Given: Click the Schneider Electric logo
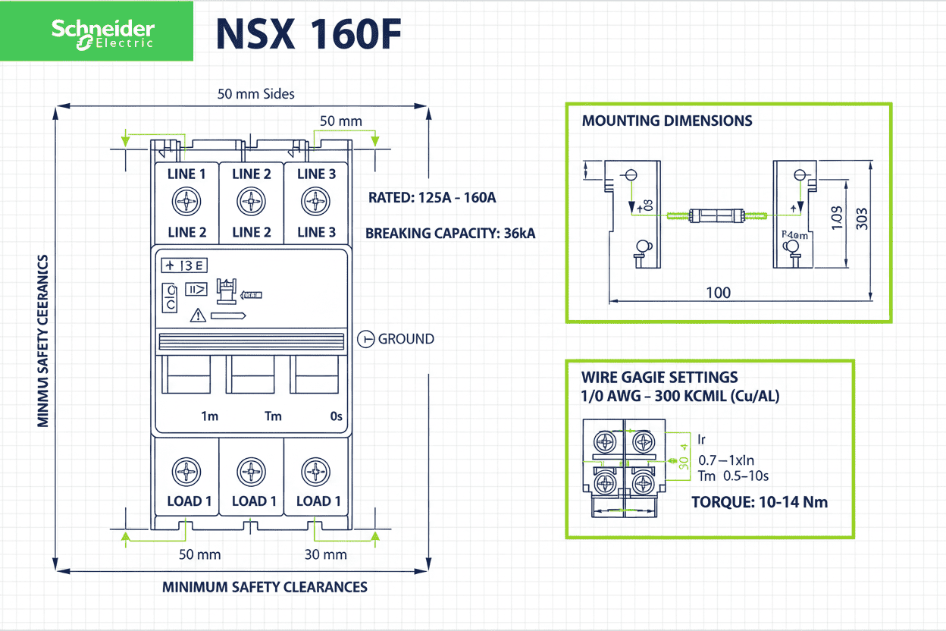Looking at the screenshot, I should point(102,33).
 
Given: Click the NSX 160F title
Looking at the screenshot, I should point(307,34).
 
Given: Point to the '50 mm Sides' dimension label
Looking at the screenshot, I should point(255,94).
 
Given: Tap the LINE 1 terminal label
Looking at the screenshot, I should point(186,174).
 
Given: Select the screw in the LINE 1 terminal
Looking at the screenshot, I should point(186,202).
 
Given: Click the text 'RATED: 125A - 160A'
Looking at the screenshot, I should point(432,198).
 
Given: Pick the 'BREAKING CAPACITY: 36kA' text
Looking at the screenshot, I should point(450,234).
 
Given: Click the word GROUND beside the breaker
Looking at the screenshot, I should point(406,339).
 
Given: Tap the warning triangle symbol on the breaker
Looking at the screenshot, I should point(198,315).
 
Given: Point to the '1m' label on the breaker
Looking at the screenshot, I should point(209,416).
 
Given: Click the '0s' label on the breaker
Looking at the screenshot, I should point(336,416).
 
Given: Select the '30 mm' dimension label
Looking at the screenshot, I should point(325,554).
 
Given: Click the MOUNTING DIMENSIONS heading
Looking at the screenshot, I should point(667,121).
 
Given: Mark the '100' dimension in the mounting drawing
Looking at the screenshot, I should point(719,293).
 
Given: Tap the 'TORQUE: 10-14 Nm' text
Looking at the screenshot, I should point(760,502).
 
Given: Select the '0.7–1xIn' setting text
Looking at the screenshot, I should point(725,460).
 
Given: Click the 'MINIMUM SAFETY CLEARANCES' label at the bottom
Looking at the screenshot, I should point(265,587).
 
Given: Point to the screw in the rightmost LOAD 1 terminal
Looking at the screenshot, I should point(315,472).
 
